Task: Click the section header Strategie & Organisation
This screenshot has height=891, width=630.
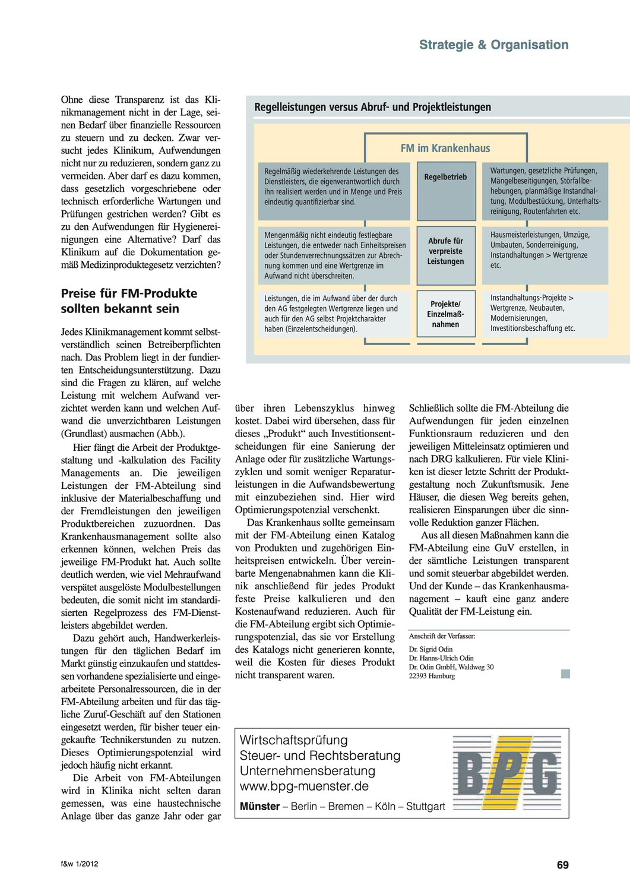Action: (493, 45)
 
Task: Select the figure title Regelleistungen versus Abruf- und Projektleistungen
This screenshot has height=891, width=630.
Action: (372, 108)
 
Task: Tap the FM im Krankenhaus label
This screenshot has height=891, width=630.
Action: (445, 148)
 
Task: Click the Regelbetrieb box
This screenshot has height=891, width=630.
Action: (445, 176)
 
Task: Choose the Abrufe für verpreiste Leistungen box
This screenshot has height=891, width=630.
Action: (445, 251)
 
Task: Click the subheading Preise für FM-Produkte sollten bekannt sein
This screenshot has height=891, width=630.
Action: (129, 301)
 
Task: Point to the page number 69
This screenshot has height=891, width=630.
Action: (562, 865)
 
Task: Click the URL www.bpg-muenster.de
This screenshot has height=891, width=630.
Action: (304, 786)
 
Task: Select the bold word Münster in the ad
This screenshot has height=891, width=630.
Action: (259, 807)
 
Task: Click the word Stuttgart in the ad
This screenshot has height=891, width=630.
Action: (425, 807)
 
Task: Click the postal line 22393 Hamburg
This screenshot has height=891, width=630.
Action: (432, 676)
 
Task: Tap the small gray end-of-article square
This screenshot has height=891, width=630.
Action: (565, 674)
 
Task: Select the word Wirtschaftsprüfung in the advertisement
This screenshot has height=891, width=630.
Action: (293, 740)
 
